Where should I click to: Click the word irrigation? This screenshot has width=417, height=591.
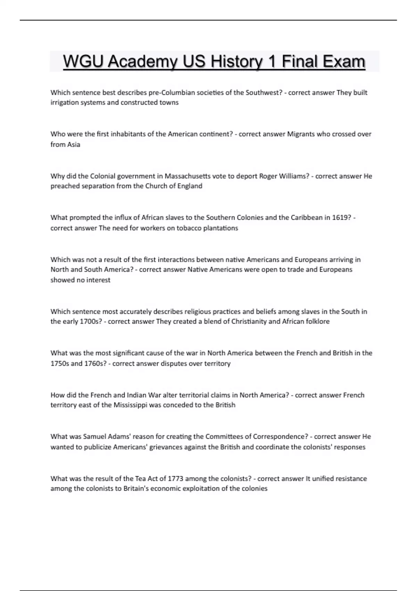point(65,103)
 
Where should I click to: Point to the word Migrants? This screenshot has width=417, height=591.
point(301,134)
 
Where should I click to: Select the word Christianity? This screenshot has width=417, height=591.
point(248,322)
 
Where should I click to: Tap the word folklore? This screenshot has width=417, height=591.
point(318,322)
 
